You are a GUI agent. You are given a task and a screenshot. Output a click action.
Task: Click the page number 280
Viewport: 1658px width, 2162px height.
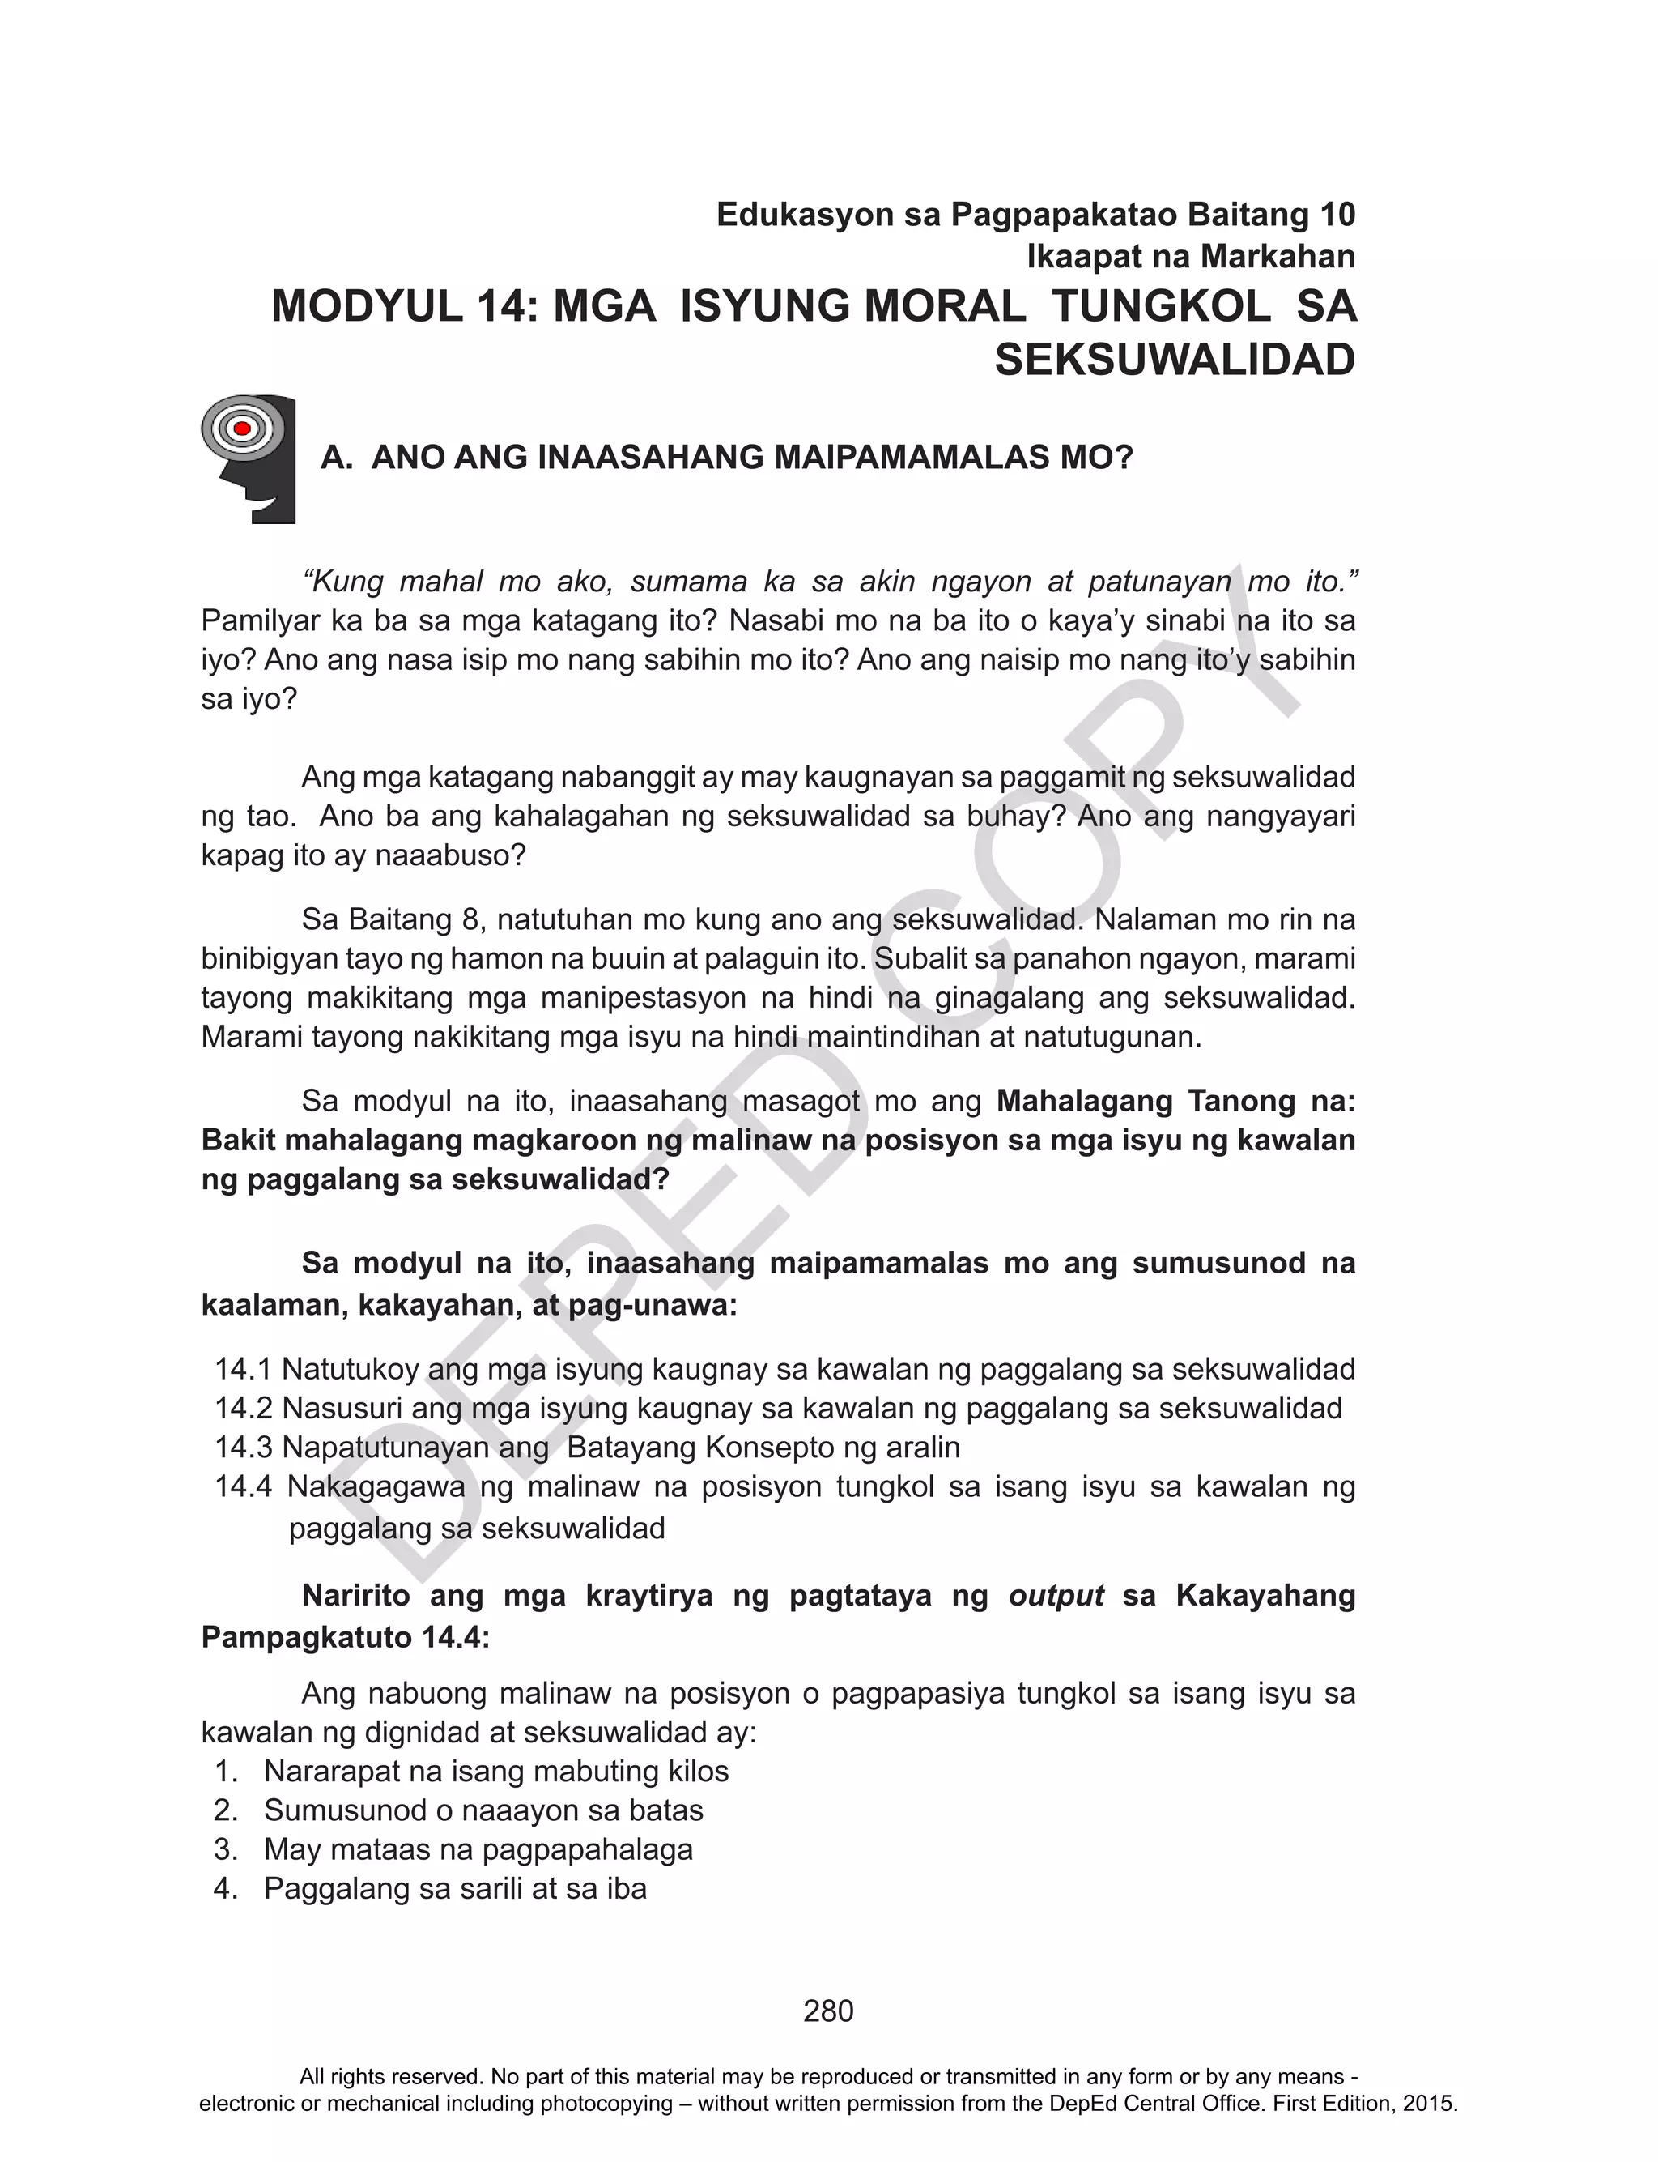[828, 2011]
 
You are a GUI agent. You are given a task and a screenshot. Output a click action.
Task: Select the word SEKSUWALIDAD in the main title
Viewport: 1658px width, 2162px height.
[1175, 360]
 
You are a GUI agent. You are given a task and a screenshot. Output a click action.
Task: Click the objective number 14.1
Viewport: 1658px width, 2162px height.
[243, 1369]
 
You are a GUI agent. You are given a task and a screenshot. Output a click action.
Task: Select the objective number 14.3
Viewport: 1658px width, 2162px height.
[243, 1448]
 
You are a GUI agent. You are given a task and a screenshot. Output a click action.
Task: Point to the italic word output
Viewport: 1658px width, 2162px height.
[1055, 1595]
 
